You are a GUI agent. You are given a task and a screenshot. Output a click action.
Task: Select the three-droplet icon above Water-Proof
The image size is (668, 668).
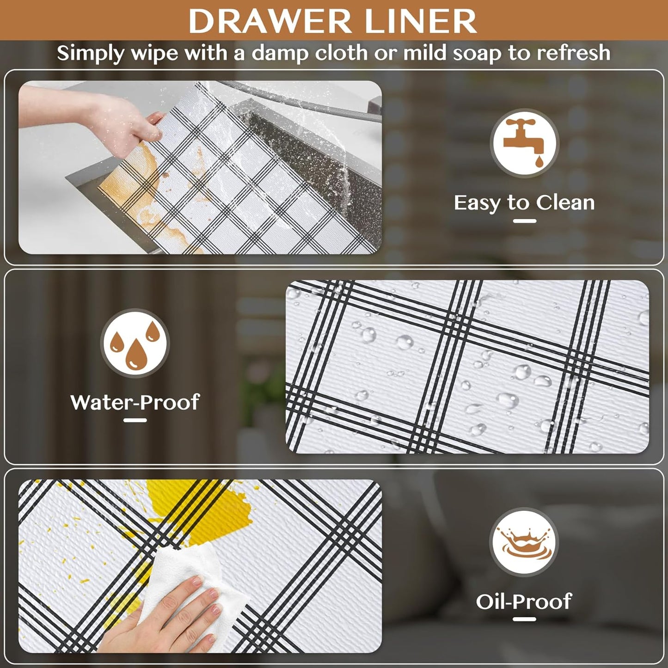click(x=135, y=343)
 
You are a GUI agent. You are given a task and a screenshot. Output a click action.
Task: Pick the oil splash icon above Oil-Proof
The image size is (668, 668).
click(x=524, y=542)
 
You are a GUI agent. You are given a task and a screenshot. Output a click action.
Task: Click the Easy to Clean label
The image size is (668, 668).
click(x=524, y=202)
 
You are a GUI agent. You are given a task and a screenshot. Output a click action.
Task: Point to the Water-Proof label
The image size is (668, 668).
click(x=135, y=402)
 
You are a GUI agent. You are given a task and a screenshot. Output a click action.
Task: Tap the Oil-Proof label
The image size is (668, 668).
click(x=524, y=601)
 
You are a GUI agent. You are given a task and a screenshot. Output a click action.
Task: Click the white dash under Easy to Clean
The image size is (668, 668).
click(x=524, y=221)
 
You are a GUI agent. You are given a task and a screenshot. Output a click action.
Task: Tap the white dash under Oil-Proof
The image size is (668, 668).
click(x=524, y=619)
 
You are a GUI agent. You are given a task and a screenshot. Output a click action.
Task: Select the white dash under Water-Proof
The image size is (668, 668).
click(x=135, y=420)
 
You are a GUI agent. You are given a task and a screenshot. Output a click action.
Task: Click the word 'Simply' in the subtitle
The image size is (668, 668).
click(x=91, y=54)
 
